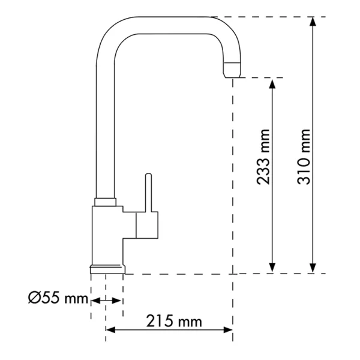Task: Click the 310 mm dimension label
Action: coord(304,157)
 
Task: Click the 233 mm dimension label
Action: coord(263,157)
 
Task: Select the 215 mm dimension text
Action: coord(174,321)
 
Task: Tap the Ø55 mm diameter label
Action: coord(58,298)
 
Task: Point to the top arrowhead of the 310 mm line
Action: coord(313,22)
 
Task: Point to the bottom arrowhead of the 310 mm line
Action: coord(313,268)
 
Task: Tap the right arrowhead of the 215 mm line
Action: coord(228,330)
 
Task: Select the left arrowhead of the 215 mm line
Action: coord(110,330)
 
